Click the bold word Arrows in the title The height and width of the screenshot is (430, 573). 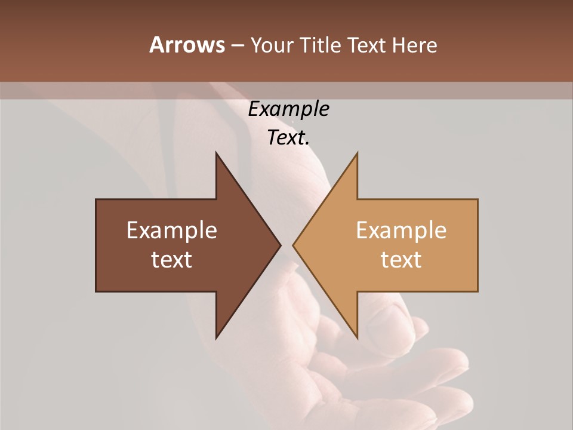186,45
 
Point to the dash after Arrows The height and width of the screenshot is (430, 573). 237,46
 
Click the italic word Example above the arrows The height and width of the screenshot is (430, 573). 288,109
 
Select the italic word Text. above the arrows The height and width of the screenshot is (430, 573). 288,138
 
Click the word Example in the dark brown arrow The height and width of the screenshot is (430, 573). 172,231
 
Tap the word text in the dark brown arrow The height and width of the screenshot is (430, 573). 172,260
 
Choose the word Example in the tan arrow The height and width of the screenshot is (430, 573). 401,231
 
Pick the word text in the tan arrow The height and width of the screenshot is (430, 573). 401,260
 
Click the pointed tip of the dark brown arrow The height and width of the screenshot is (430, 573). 280,245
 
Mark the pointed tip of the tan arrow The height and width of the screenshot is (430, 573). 293,245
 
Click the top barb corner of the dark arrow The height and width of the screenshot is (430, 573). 216,153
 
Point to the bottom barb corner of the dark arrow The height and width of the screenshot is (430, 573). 216,338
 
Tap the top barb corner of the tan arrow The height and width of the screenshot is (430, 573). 357,153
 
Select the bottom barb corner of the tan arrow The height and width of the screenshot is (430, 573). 357,338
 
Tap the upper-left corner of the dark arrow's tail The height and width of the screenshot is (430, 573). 96,199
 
